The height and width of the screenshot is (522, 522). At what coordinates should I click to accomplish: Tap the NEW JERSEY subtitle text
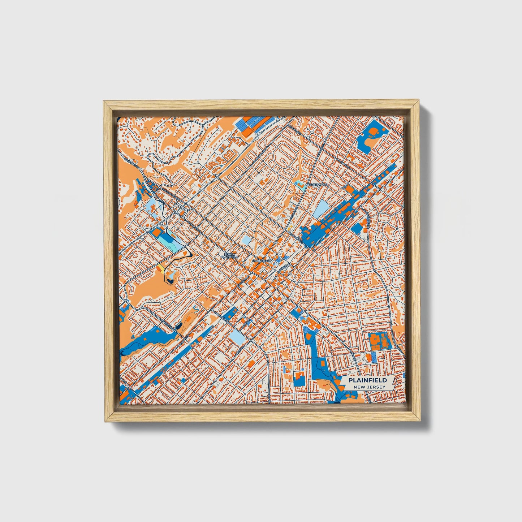click(x=369, y=387)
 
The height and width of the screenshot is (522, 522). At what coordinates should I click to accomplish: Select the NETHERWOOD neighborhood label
click(x=317, y=185)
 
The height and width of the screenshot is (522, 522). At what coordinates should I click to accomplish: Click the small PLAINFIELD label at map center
click(x=261, y=260)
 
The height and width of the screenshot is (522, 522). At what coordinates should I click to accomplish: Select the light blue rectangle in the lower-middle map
click(x=237, y=337)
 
